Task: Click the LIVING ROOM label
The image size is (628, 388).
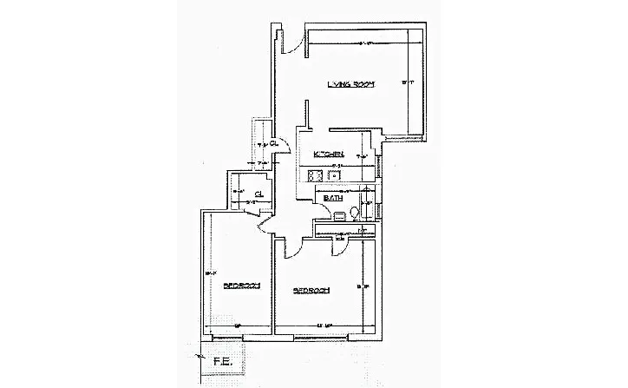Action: pyautogui.click(x=350, y=84)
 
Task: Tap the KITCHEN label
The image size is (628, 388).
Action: pyautogui.click(x=329, y=155)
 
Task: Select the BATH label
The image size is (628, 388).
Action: pyautogui.click(x=333, y=199)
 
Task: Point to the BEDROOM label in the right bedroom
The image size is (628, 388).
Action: pyautogui.click(x=311, y=290)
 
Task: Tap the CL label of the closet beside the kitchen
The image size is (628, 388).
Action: pyautogui.click(x=273, y=143)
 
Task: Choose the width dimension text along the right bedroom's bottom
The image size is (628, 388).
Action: pyautogui.click(x=323, y=326)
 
